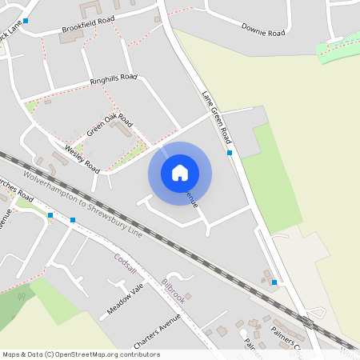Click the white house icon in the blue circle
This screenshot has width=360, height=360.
pyautogui.click(x=180, y=173)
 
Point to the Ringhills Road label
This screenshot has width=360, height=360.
pyautogui.click(x=114, y=80)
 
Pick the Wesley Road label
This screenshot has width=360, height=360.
pyautogui.click(x=82, y=160)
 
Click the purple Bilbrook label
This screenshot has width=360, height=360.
pyautogui.click(x=173, y=290)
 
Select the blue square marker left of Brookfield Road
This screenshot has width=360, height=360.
pyautogui.click(x=26, y=21)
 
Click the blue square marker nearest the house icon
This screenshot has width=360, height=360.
pyautogui.click(x=230, y=152)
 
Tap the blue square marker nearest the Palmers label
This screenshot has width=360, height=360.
pyautogui.click(x=274, y=282)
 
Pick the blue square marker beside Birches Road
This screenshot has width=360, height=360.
pyautogui.click(x=50, y=214)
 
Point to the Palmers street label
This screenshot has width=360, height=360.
pyautogui.click(x=285, y=336)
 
